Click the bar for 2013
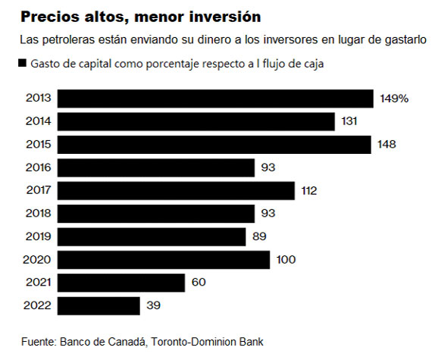point(215,99)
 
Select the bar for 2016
point(155,167)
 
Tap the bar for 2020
point(163,260)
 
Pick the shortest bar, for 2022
point(99,305)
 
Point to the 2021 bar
point(121,283)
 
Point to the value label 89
point(259,237)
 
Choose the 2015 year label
point(38,145)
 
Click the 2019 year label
point(38,237)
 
